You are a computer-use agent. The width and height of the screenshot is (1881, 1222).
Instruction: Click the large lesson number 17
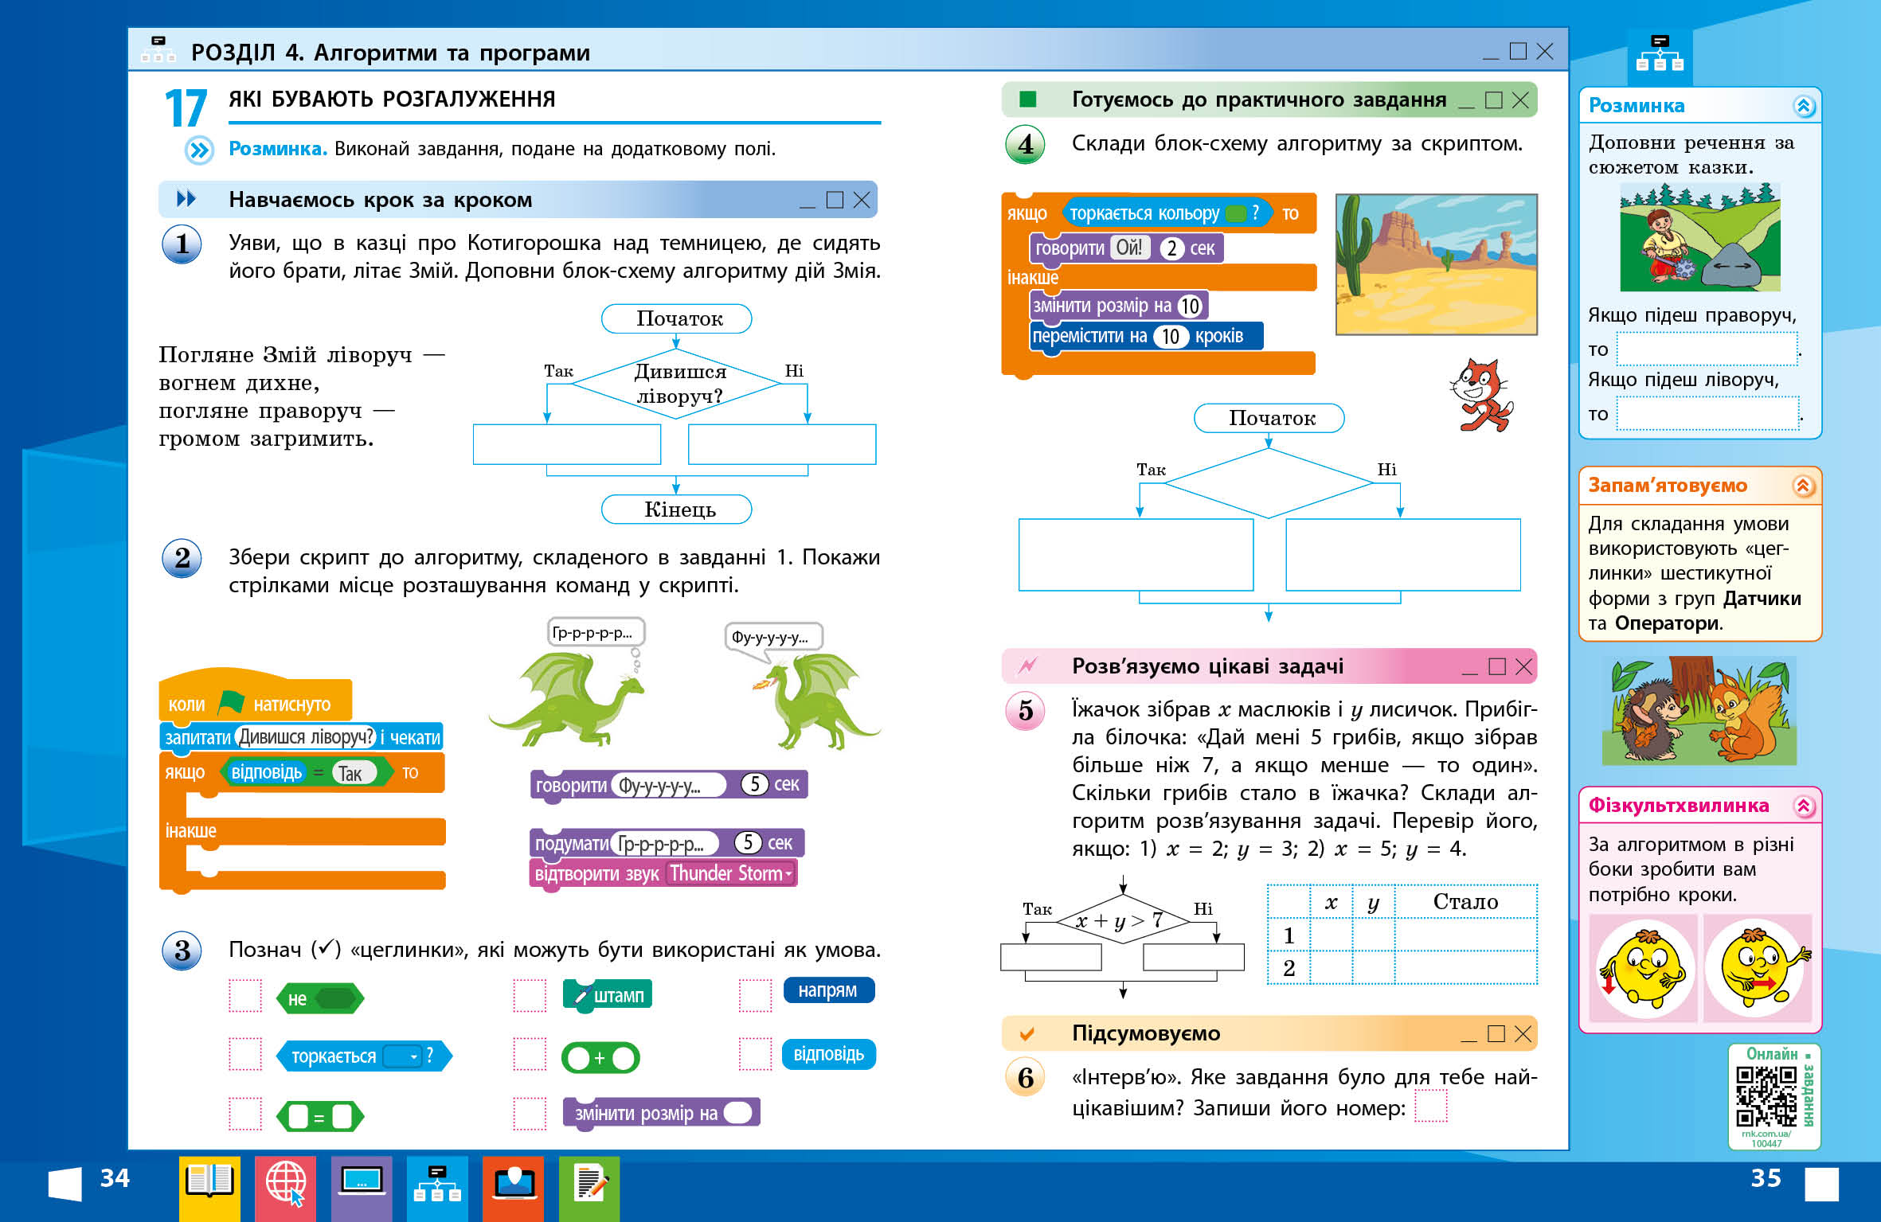(x=186, y=108)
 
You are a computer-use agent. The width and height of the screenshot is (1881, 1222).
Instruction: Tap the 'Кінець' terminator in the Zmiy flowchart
(x=676, y=509)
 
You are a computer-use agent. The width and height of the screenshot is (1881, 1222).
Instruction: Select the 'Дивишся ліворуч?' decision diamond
(x=677, y=383)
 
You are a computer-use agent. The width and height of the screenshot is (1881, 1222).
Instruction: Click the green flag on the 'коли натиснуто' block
(x=230, y=702)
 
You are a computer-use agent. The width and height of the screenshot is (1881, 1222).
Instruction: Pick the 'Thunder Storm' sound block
(x=663, y=873)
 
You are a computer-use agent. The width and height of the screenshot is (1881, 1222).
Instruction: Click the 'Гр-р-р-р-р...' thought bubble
(x=594, y=633)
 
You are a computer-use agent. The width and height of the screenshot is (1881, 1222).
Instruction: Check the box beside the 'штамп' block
(x=530, y=995)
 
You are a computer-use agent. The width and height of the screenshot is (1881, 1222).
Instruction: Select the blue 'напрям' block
(x=828, y=990)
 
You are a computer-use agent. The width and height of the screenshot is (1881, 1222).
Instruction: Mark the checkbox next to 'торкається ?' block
(x=245, y=1055)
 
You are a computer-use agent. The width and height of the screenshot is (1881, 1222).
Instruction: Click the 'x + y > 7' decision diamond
(x=1122, y=920)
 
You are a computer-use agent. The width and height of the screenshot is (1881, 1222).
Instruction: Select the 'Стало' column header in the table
(x=1465, y=901)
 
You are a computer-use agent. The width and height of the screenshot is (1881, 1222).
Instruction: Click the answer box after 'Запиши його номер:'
(x=1430, y=1106)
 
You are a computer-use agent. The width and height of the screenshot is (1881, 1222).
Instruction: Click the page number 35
(x=1766, y=1178)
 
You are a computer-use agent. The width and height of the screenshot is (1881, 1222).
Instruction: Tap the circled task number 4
(x=1026, y=145)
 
